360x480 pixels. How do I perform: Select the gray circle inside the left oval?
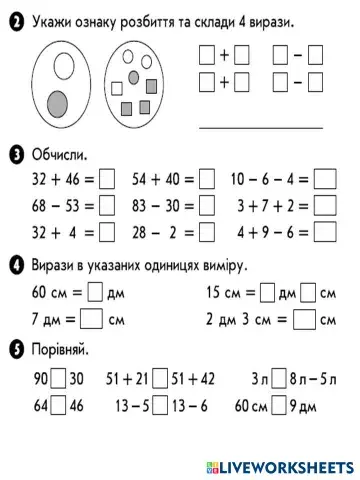(58, 102)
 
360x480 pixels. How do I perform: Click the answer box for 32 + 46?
(108, 181)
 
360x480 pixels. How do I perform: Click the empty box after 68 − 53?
(108, 206)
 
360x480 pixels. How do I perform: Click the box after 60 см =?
(95, 293)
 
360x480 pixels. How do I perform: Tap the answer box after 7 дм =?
(91, 320)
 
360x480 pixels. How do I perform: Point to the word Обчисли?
(59, 154)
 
